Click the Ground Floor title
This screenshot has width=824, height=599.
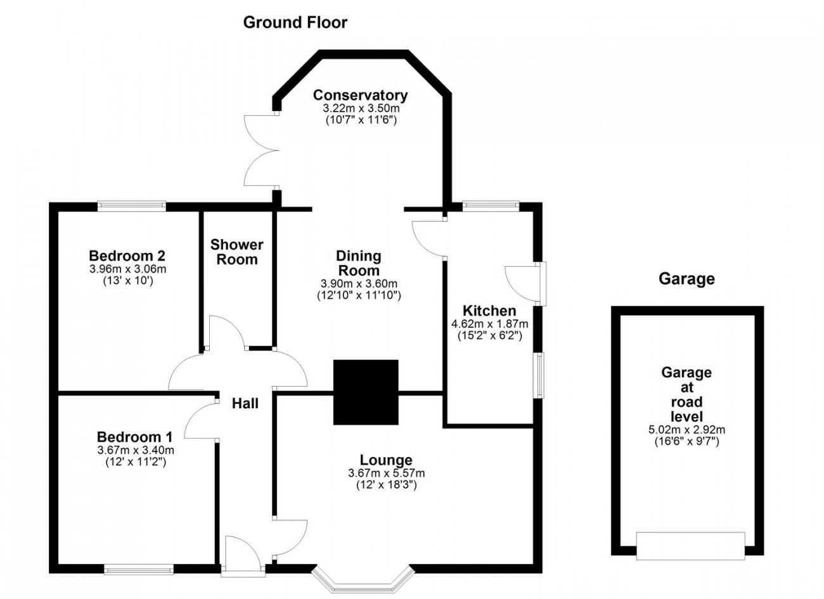[295, 23]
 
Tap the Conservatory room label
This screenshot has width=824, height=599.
[361, 95]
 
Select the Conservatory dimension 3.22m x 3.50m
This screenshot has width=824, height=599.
[361, 108]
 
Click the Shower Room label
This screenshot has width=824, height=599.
[237, 252]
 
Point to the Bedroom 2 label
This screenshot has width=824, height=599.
[127, 255]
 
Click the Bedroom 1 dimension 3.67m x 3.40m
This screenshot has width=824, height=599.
[136, 450]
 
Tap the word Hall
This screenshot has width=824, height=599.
[245, 404]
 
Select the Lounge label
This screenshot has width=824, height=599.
[386, 460]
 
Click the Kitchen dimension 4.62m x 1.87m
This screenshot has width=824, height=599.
[489, 324]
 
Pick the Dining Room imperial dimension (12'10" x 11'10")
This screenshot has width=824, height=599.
[359, 295]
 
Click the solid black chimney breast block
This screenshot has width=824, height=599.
[366, 392]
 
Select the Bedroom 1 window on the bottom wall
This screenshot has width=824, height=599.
[139, 570]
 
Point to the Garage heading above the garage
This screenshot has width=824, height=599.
[686, 279]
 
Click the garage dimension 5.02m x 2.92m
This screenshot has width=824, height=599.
[687, 429]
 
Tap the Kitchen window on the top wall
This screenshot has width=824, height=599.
[491, 205]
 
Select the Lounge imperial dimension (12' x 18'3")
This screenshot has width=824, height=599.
[386, 485]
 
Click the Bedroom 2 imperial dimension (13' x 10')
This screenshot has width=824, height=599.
[127, 281]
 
